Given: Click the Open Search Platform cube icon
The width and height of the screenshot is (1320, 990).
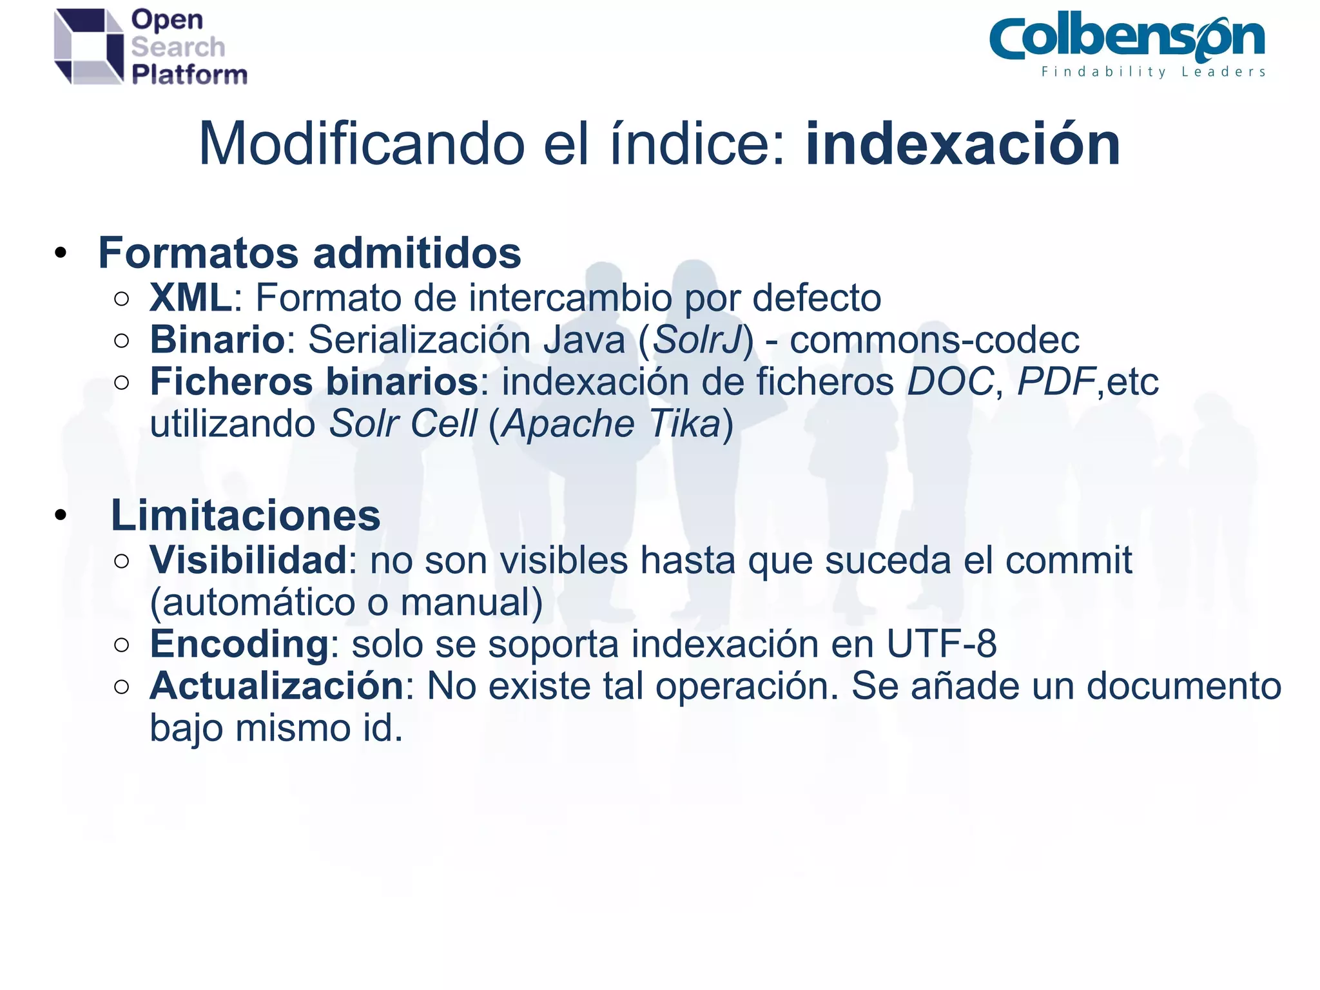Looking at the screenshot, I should [x=88, y=46].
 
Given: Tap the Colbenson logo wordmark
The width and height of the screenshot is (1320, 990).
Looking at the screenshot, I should [x=1127, y=39].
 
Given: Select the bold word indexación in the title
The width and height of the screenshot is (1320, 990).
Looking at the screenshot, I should [x=963, y=144].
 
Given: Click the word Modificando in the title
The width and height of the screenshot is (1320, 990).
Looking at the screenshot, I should [x=362, y=144].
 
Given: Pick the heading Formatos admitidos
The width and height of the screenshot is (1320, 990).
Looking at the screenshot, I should [x=309, y=253].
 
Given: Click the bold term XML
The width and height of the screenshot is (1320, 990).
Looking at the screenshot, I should [x=191, y=298].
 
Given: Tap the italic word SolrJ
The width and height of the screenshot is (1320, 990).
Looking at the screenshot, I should [x=696, y=340].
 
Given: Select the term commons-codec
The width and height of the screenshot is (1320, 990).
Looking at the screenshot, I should [x=935, y=340].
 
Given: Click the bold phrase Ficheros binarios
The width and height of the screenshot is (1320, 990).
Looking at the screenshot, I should [x=315, y=382].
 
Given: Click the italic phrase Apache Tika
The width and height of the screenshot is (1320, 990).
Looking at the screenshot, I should [x=611, y=423].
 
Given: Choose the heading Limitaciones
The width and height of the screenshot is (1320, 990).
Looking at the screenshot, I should [x=246, y=516].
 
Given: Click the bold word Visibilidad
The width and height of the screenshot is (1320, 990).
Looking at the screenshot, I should [x=249, y=559].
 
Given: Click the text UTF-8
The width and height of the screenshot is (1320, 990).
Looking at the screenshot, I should [x=942, y=644].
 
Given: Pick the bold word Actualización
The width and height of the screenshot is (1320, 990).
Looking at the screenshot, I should [x=277, y=686].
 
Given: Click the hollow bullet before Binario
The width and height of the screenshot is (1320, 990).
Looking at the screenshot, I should [x=121, y=340].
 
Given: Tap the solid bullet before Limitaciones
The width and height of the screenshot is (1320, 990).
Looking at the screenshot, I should [x=61, y=516].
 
